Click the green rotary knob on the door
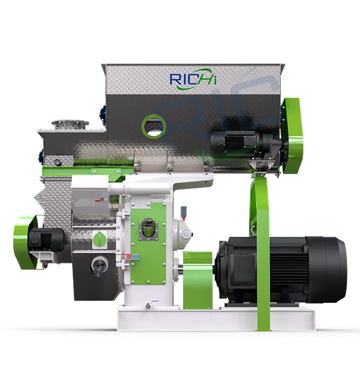tap(100, 238)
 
